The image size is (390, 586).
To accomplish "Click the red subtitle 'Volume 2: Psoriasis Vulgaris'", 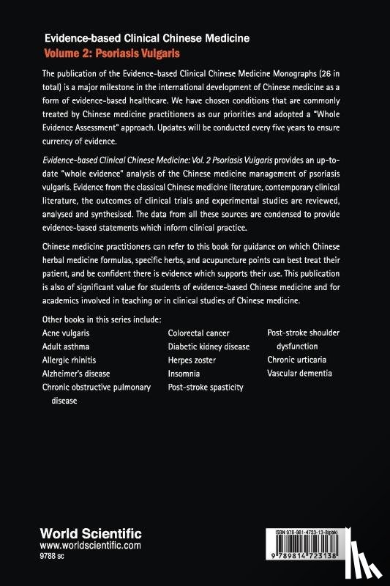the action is (113, 53).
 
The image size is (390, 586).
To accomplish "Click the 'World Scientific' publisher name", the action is (91, 533).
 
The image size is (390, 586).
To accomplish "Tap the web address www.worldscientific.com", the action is (91, 546).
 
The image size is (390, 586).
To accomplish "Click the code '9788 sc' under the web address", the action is (57, 557).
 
